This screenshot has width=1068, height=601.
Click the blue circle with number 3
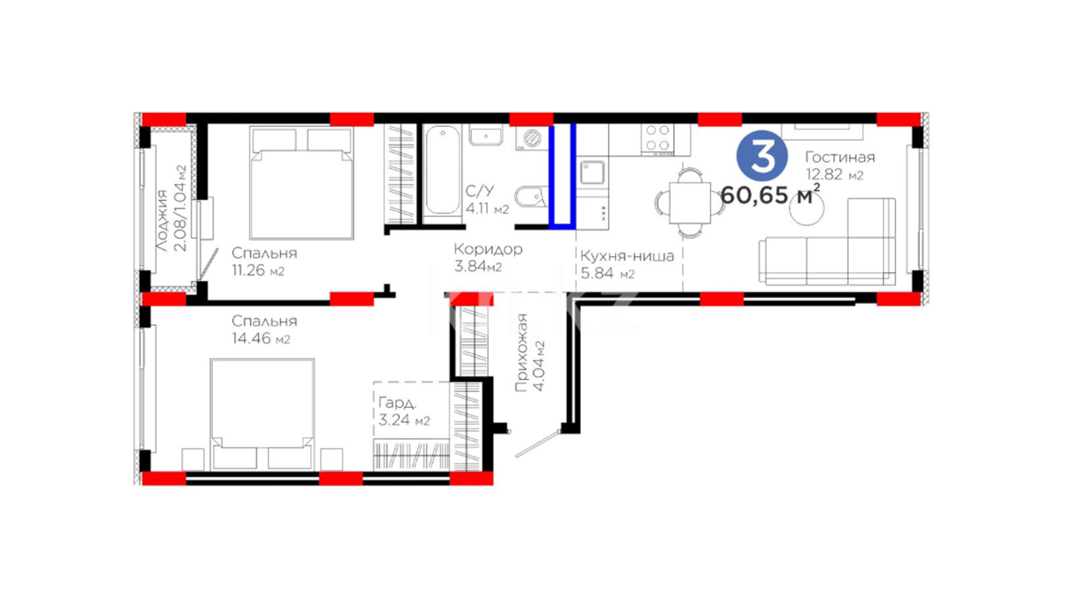pos(762,156)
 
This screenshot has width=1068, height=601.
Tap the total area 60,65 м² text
pos(770,194)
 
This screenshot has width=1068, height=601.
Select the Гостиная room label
pos(840,157)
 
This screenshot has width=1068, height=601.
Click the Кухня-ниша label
pos(627,256)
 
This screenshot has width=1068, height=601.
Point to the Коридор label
pos(488,249)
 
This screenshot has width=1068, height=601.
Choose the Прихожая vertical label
pos(521,353)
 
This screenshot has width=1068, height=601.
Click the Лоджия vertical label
pos(161,221)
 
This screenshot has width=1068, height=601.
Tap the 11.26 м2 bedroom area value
pos(258,270)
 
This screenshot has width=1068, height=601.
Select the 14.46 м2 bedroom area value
pos(261,338)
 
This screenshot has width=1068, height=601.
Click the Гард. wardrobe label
pos(397,402)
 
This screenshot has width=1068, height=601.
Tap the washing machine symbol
pos(531,137)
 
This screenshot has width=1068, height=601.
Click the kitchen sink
pos(592,173)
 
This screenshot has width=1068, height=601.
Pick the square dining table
pos(690,202)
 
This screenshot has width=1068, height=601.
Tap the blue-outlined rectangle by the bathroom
pos(562,176)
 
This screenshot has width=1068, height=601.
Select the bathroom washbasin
pos(486,135)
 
